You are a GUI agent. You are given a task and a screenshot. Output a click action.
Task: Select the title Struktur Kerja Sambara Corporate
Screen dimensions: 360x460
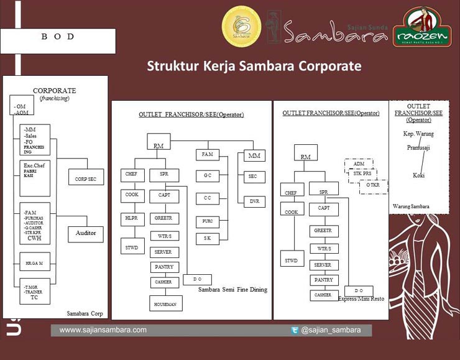(x=254, y=66)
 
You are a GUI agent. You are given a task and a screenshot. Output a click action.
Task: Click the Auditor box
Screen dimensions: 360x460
(x=86, y=233)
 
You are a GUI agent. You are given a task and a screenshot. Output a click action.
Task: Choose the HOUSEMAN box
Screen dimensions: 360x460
(x=165, y=303)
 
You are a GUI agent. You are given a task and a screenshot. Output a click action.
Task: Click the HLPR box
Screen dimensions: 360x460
(x=131, y=219)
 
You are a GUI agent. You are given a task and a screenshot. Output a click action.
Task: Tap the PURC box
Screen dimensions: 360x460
(x=207, y=221)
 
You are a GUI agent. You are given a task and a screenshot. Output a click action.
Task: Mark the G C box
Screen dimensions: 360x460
(x=207, y=176)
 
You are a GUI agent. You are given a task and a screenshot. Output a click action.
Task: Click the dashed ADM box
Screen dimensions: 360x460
(x=359, y=164)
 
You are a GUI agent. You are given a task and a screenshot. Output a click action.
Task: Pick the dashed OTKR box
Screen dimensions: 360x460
(x=373, y=186)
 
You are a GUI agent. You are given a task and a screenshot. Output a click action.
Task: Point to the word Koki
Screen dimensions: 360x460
(x=418, y=175)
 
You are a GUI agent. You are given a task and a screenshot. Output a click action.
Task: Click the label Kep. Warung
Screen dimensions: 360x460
(x=418, y=134)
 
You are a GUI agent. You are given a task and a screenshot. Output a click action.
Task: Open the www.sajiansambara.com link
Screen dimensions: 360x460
(x=103, y=330)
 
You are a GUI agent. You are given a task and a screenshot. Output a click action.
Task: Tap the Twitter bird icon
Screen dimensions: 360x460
(x=294, y=330)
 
